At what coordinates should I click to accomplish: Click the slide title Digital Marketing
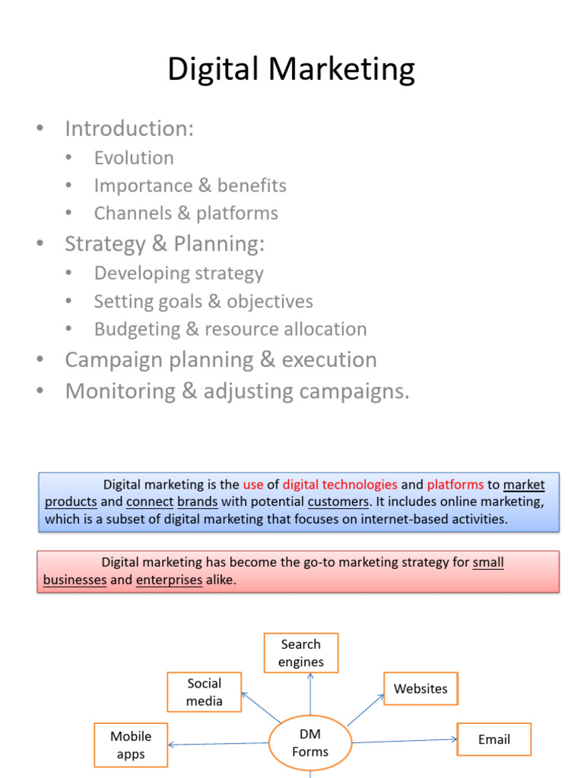(x=291, y=69)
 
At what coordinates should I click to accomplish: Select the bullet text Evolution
(x=134, y=158)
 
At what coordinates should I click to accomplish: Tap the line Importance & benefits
(x=190, y=185)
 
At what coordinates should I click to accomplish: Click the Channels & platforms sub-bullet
(x=186, y=213)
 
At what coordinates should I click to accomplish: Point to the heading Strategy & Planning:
(x=164, y=244)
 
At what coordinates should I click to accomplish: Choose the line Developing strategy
(x=179, y=273)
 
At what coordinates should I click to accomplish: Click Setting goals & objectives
(x=203, y=301)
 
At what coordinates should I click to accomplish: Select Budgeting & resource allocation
(x=230, y=329)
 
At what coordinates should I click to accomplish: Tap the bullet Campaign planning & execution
(x=221, y=359)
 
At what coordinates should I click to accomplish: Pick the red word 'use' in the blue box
(x=252, y=484)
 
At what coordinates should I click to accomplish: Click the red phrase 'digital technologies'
(x=340, y=484)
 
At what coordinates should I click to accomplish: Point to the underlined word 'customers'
(x=338, y=501)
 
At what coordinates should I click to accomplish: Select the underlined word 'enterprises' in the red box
(x=169, y=580)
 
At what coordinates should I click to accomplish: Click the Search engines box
(x=301, y=653)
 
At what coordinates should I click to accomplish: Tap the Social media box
(x=205, y=691)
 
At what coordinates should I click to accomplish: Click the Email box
(x=494, y=739)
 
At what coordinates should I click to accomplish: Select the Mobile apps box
(x=131, y=745)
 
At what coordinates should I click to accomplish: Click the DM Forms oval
(x=310, y=743)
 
